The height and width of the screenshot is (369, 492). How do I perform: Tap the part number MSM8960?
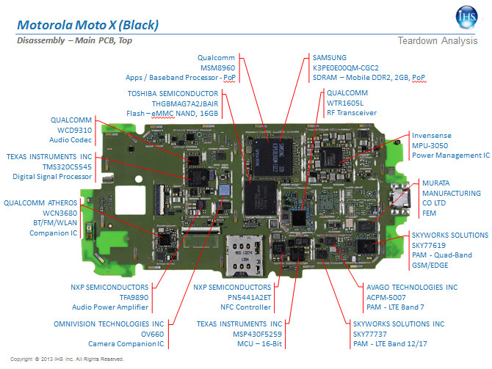tap(217, 66)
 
